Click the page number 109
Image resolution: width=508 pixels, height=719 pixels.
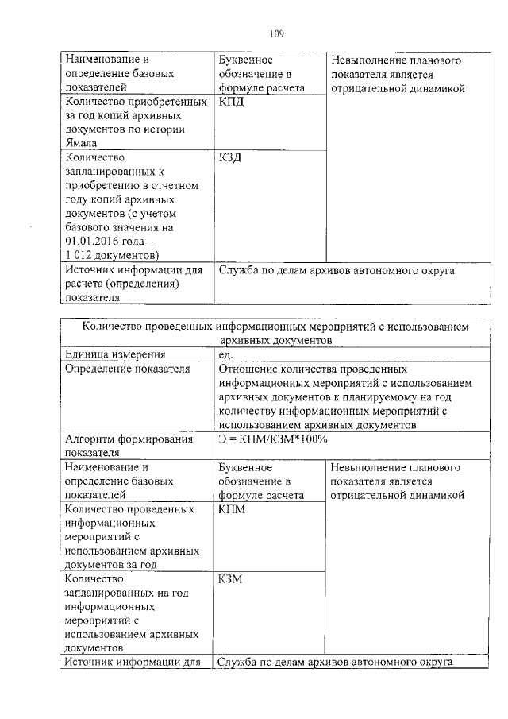[x=276, y=33]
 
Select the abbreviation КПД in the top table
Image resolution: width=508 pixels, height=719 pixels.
[x=231, y=102]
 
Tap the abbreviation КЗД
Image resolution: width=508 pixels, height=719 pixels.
[x=230, y=157]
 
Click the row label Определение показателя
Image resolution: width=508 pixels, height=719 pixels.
[x=127, y=369]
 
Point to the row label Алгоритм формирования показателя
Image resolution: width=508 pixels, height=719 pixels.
[x=129, y=446]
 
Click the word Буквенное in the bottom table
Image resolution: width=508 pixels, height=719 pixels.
[x=245, y=466]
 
